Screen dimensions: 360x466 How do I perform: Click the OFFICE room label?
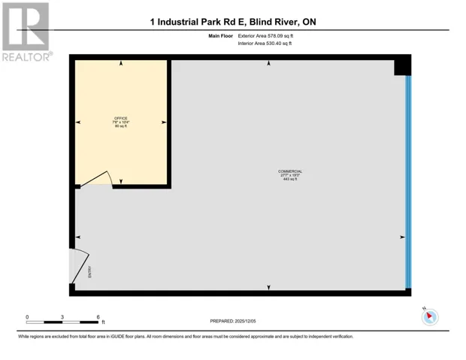click(120, 118)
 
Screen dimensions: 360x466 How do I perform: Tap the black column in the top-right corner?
click(403, 66)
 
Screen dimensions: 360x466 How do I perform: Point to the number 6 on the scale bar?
click(98, 317)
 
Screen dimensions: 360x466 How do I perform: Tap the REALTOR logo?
click(26, 32)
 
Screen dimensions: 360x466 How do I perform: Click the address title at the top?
click(233, 22)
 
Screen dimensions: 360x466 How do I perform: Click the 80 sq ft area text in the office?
click(120, 126)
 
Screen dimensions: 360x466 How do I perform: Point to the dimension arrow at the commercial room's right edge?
click(401, 237)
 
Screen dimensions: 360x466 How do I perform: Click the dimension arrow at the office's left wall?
click(78, 122)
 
